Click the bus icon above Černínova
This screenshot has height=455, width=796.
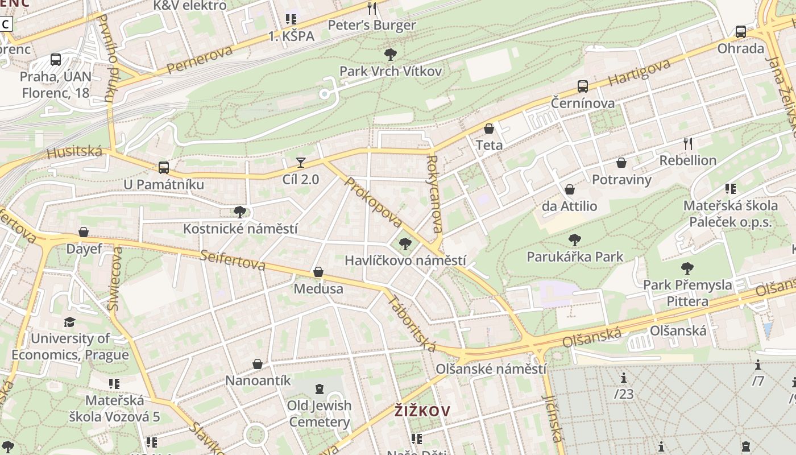pyautogui.click(x=582, y=86)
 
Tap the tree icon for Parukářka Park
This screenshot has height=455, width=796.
pyautogui.click(x=575, y=240)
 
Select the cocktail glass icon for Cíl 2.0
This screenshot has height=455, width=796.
pyautogui.click(x=301, y=163)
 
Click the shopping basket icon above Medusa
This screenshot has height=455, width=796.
pyautogui.click(x=318, y=272)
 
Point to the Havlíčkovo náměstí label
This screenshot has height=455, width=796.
pyautogui.click(x=405, y=260)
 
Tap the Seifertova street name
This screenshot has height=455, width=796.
pyautogui.click(x=233, y=260)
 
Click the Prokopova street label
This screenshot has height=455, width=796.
pyautogui.click(x=374, y=202)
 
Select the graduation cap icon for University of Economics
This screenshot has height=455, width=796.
pyautogui.click(x=69, y=322)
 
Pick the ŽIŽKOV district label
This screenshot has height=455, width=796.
pyautogui.click(x=422, y=411)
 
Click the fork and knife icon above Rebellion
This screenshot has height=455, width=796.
pyautogui.click(x=688, y=143)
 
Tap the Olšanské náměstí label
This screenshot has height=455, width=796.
pyautogui.click(x=491, y=369)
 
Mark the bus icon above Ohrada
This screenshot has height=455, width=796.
pyautogui.click(x=740, y=32)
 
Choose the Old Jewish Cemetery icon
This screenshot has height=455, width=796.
pyautogui.click(x=320, y=389)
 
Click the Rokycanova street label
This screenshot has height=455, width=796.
pyautogui.click(x=434, y=194)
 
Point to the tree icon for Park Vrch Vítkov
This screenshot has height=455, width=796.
pyautogui.click(x=391, y=54)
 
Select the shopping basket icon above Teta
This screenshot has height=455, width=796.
pyautogui.click(x=489, y=129)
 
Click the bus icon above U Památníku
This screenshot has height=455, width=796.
pyautogui.click(x=164, y=168)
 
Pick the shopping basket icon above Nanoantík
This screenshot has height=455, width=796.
pyautogui.click(x=258, y=363)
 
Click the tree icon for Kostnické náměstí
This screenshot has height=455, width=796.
pyautogui.click(x=240, y=212)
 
